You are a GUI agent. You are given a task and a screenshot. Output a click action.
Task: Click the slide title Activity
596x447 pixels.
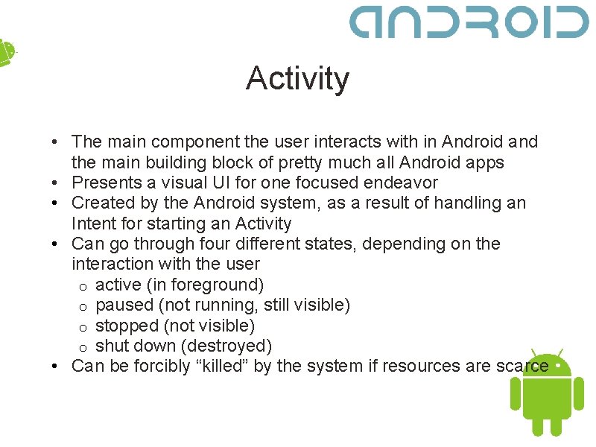tap(297, 78)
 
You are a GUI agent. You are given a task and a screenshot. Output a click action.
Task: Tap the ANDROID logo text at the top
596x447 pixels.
tap(469, 22)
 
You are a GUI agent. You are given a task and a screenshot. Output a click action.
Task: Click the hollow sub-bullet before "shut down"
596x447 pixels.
tap(84, 347)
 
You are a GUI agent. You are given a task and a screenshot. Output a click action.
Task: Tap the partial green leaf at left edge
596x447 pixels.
tap(6, 52)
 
